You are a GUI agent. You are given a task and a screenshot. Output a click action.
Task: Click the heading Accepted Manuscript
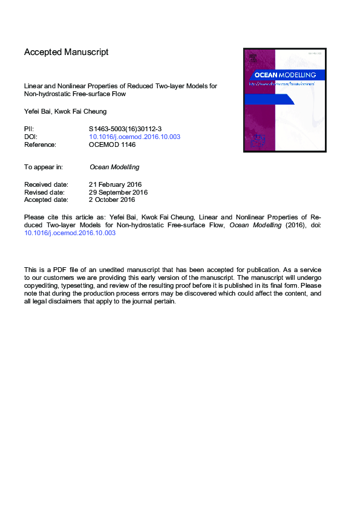click(x=66, y=53)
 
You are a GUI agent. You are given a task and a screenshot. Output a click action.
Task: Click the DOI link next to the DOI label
click(x=134, y=137)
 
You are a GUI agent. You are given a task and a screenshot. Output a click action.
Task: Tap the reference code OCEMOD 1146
click(x=113, y=145)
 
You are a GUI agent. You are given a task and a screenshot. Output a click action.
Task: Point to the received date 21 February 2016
click(x=115, y=184)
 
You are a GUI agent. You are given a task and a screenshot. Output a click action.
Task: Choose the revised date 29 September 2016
click(x=118, y=192)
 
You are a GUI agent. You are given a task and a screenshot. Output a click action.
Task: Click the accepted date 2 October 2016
click(x=111, y=199)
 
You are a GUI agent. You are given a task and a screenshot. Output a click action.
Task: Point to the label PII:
click(x=29, y=129)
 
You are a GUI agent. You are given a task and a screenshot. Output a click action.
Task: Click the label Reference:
click(x=40, y=145)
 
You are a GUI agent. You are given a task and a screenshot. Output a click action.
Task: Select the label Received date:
click(x=46, y=184)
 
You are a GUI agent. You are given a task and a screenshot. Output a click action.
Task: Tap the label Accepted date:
click(x=46, y=199)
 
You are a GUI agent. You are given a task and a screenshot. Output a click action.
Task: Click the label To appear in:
click(x=44, y=167)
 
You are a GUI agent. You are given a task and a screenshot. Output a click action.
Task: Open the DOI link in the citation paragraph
click(x=70, y=232)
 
